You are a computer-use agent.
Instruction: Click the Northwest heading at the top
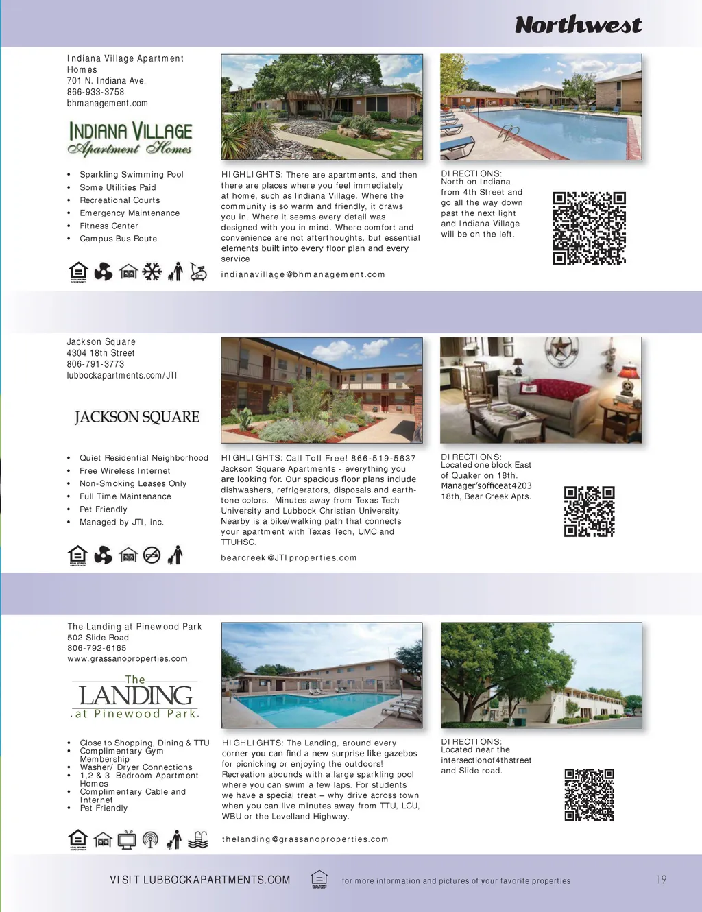[578, 25]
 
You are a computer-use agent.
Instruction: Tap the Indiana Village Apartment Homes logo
[130, 139]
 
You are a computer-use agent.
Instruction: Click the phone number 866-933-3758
[95, 92]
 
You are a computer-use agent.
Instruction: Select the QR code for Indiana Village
[589, 228]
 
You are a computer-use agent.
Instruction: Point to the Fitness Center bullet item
[108, 226]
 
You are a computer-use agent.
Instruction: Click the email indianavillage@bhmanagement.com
[302, 274]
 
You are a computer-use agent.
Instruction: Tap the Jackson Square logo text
[136, 417]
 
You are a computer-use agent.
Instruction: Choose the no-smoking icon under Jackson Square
[152, 555]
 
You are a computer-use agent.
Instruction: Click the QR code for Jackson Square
[589, 512]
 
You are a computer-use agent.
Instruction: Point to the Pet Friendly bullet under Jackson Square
[103, 509]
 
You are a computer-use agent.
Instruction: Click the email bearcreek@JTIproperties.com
[289, 557]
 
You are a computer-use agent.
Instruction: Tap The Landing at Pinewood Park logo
[135, 697]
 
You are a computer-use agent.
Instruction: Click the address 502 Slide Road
[97, 638]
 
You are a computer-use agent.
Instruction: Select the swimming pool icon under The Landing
[197, 839]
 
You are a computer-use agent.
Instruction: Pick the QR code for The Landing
[589, 795]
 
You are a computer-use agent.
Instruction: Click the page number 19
[661, 880]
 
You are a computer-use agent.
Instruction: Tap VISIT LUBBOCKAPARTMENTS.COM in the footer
[199, 880]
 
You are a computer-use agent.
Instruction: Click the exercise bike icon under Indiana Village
[198, 272]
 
